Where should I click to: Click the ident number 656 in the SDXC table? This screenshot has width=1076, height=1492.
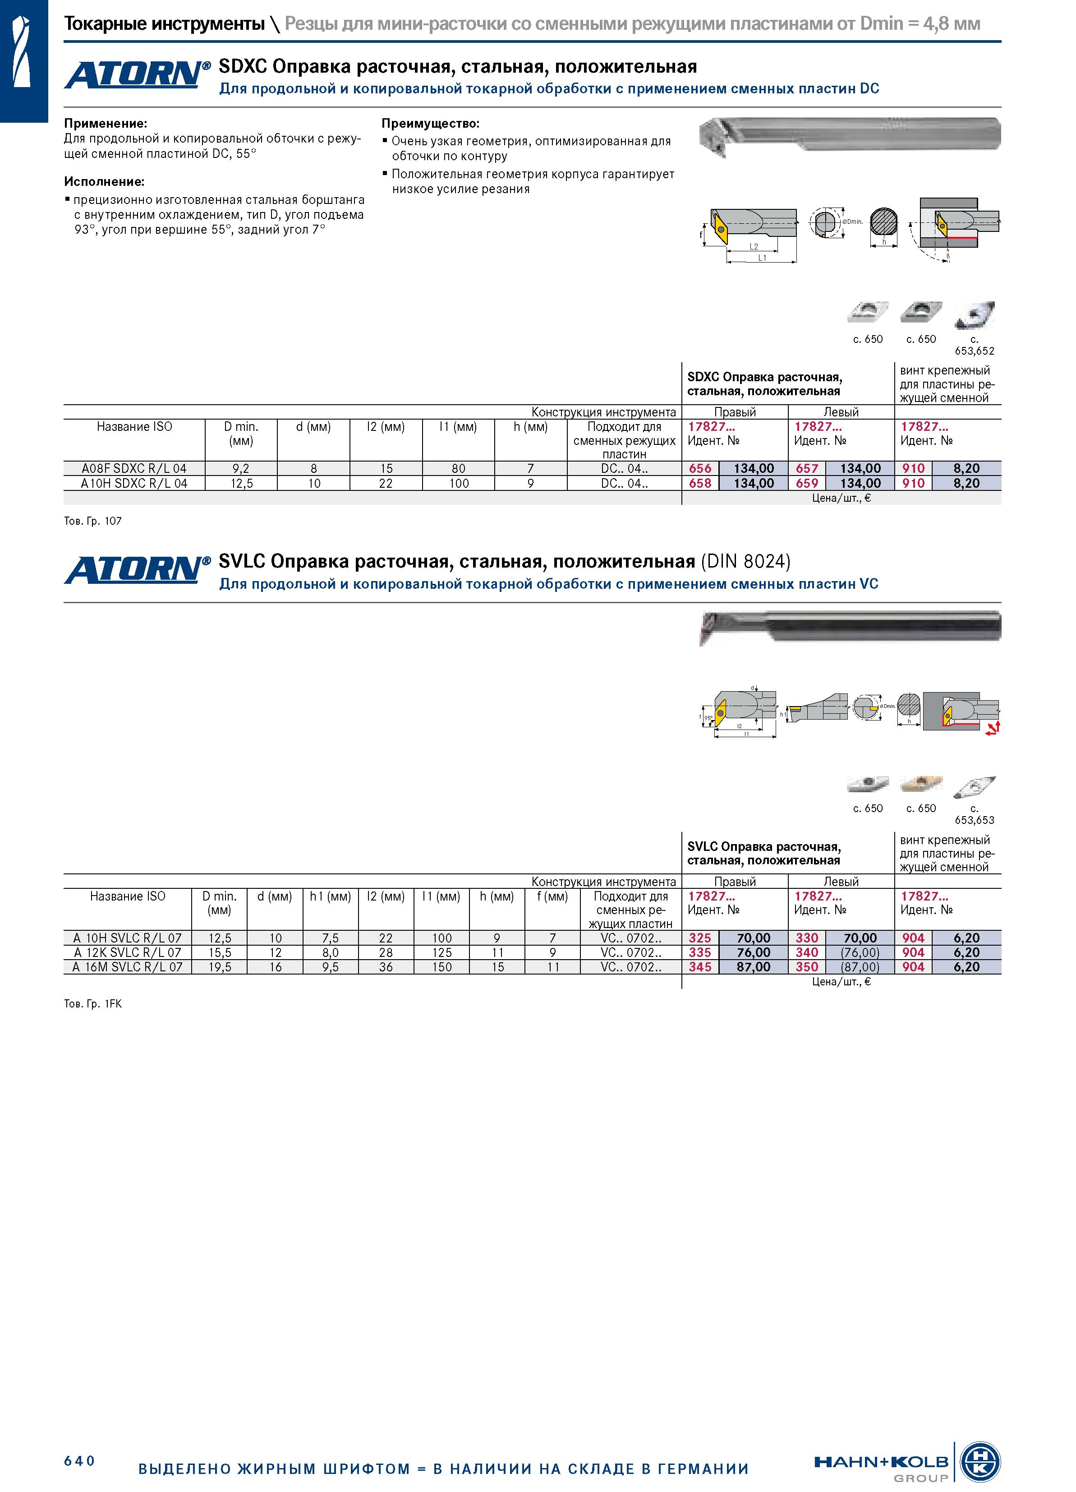pyautogui.click(x=700, y=468)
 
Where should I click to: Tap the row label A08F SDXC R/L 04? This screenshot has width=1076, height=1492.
pyautogui.click(x=134, y=468)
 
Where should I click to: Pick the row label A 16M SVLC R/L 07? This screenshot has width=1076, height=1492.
pyautogui.click(x=128, y=967)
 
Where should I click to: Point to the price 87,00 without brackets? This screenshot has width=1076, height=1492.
pyautogui.click(x=753, y=967)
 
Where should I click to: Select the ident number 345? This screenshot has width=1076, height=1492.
pyautogui.click(x=700, y=967)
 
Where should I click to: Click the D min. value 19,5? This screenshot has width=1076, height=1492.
pyautogui.click(x=219, y=967)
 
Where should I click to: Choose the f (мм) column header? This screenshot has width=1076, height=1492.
pyautogui.click(x=552, y=896)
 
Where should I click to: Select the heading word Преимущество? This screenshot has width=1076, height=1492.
pyautogui.click(x=431, y=123)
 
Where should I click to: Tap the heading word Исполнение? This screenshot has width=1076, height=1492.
pyautogui.click(x=104, y=181)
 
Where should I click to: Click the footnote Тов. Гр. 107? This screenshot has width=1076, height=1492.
pyautogui.click(x=93, y=521)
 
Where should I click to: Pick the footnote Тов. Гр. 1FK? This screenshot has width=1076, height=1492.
pyautogui.click(x=93, y=1004)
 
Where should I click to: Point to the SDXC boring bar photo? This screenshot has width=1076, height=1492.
pyautogui.click(x=849, y=135)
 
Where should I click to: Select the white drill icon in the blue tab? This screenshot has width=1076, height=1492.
pyautogui.click(x=22, y=52)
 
